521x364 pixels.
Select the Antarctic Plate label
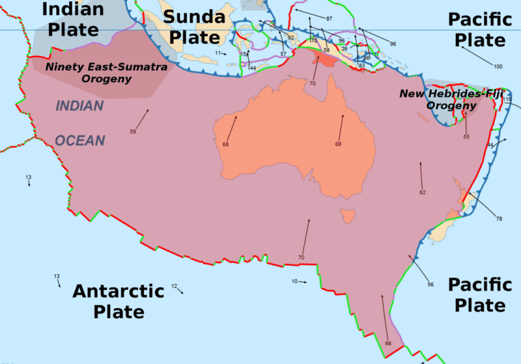pos(118,301)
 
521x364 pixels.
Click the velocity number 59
pos(133,132)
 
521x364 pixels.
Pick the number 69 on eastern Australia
pos(338,144)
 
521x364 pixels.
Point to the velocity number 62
pos(423,192)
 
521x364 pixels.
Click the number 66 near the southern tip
pos(388,343)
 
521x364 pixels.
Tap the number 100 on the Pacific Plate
pos(498,67)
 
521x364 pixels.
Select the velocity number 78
pos(499,218)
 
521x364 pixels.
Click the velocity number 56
pos(430,285)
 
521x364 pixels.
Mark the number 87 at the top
pos(329,18)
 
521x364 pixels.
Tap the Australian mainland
pos(293,143)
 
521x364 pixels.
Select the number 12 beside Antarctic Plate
pos(174,285)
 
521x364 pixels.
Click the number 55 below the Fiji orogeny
pos(466,136)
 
